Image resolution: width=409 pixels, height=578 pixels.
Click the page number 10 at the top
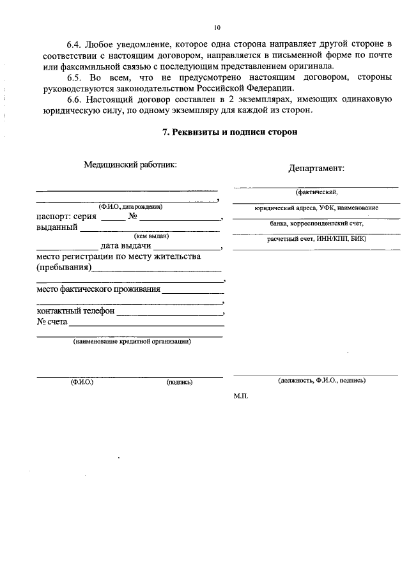217,27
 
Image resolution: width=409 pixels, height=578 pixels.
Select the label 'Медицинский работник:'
130,164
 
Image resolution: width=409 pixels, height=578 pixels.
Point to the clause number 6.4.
76,43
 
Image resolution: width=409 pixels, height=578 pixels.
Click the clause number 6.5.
76,77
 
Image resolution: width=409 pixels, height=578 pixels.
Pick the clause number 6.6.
76,99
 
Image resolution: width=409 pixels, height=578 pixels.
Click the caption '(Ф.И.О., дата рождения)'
130,206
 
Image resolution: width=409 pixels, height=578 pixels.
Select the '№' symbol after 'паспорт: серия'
134,216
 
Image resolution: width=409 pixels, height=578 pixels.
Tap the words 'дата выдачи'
125,246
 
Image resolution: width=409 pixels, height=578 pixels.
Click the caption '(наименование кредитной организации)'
132,341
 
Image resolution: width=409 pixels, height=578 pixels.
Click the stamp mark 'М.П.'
241,396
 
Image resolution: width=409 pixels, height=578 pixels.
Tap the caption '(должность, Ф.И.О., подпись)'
321,380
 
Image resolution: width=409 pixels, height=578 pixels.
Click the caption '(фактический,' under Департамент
316,192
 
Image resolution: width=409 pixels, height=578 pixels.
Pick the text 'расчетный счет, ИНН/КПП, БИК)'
316,238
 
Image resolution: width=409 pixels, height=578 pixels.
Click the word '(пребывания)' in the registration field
63,268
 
